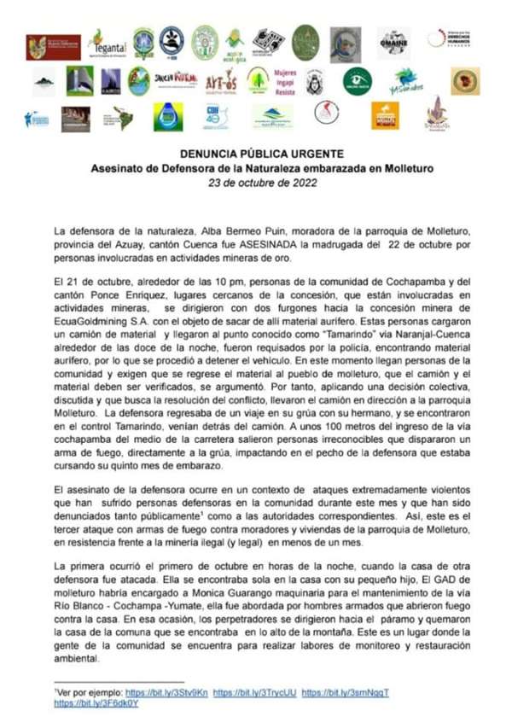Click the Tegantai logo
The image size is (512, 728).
coord(108,41)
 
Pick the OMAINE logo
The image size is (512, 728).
coord(393,42)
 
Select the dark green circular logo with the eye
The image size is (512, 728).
coord(358,81)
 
